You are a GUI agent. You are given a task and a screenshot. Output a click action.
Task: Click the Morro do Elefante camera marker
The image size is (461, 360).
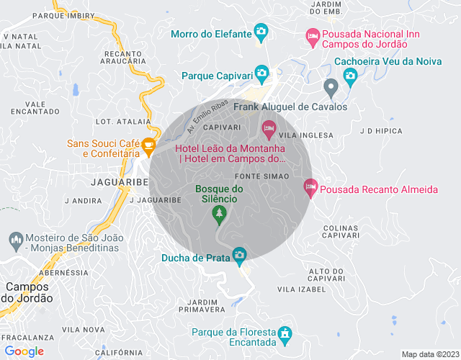click(x=261, y=32)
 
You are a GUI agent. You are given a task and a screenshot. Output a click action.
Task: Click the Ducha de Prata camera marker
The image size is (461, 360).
click(x=239, y=256)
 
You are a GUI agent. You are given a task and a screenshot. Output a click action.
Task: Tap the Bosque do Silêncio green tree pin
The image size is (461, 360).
click(x=219, y=214)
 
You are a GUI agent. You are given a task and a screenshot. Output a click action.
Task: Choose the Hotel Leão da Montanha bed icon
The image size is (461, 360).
click(x=268, y=130)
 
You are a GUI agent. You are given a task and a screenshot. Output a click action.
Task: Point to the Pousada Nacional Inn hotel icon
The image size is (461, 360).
click(x=313, y=35)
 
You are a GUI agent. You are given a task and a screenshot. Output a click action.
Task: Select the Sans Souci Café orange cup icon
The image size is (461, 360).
click(x=148, y=147)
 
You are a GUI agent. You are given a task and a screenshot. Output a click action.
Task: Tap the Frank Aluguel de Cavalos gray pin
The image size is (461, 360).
click(x=331, y=89)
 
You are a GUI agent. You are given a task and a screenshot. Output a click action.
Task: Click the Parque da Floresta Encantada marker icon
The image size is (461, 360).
click(x=285, y=333)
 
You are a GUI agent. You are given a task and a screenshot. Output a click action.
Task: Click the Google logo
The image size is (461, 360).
click(x=24, y=351)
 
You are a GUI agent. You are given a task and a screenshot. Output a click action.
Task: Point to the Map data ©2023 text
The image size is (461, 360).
click(x=429, y=354)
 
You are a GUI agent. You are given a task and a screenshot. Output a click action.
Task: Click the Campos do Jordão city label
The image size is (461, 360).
click(x=27, y=292)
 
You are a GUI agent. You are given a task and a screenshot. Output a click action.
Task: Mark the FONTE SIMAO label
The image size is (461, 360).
click(x=262, y=176)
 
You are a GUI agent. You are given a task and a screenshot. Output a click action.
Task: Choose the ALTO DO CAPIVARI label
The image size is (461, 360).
click(x=326, y=274)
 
